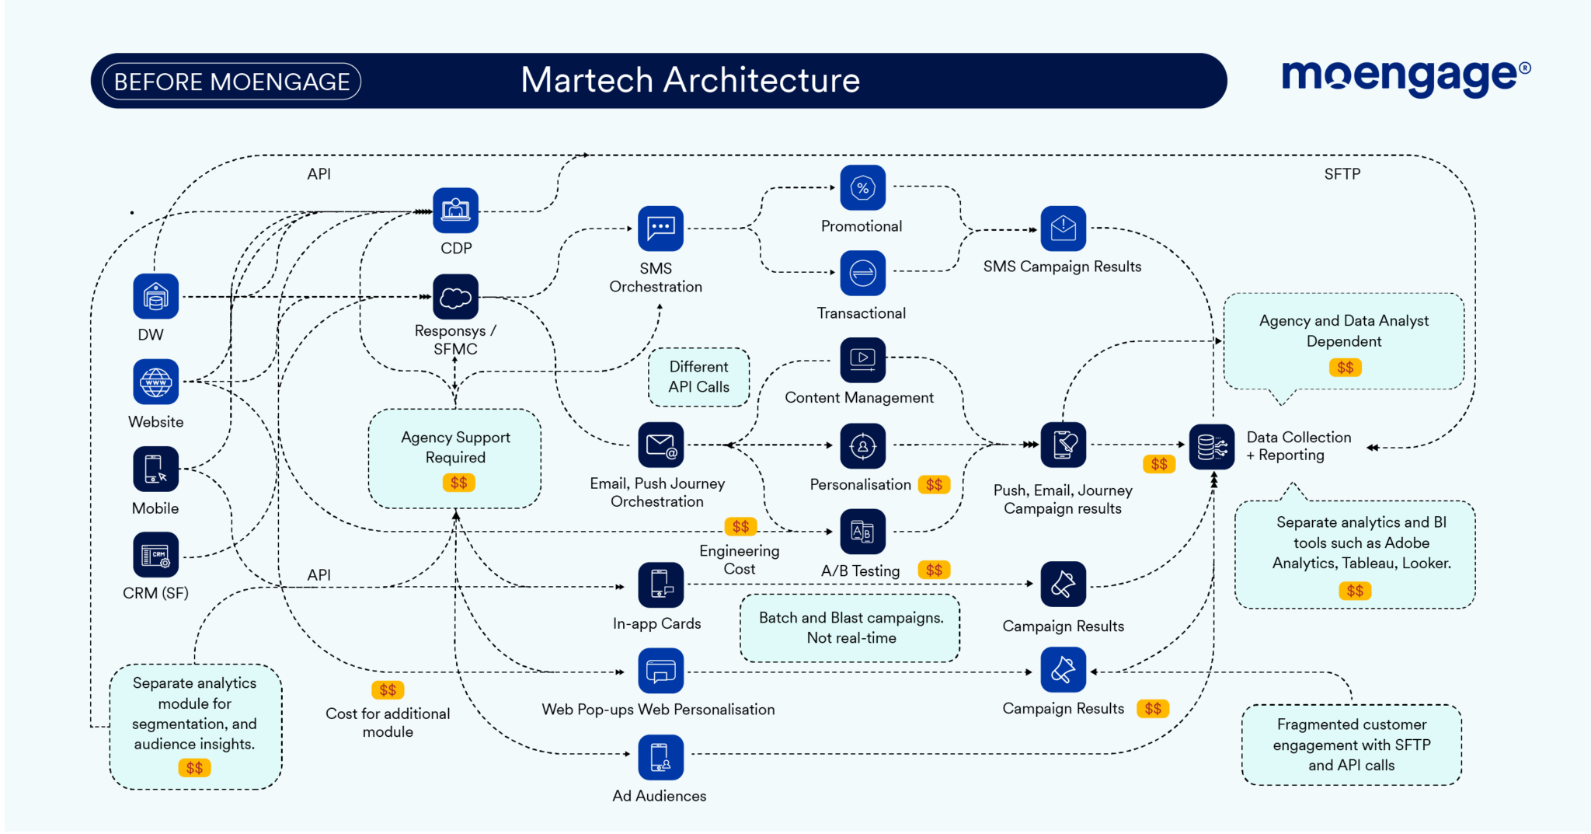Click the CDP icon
click(455, 210)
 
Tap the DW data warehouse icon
click(155, 296)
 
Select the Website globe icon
click(155, 382)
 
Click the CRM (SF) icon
click(155, 554)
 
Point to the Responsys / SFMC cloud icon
click(455, 296)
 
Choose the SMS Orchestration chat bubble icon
click(660, 228)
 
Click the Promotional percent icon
click(862, 187)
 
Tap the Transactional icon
click(862, 273)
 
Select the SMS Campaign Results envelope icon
click(1063, 228)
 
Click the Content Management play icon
click(862, 359)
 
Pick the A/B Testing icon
click(862, 532)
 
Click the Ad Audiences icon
click(660, 756)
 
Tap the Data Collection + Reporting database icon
click(1211, 446)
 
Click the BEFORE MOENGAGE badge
click(232, 82)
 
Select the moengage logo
click(1405, 77)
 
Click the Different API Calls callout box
click(698, 377)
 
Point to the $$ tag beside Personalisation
click(934, 485)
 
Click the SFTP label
click(1342, 174)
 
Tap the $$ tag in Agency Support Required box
click(458, 483)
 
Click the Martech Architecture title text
click(690, 80)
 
